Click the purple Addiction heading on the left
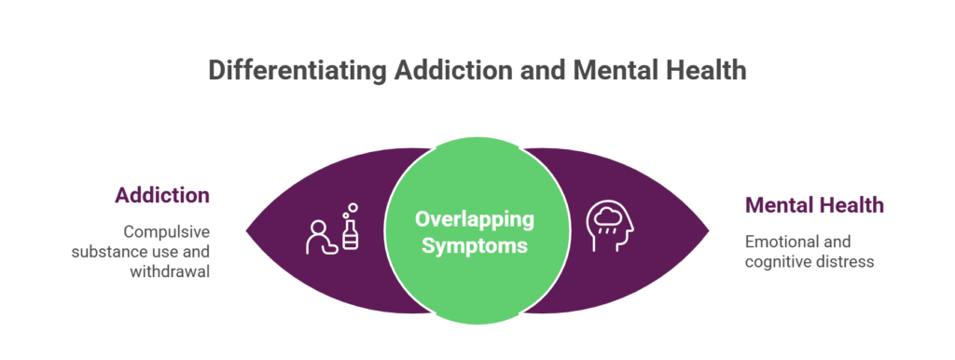point(162,195)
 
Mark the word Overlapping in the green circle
point(476,220)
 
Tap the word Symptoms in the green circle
point(476,246)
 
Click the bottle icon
point(350,237)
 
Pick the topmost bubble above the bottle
point(353,207)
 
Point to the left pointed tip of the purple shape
point(248,229)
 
